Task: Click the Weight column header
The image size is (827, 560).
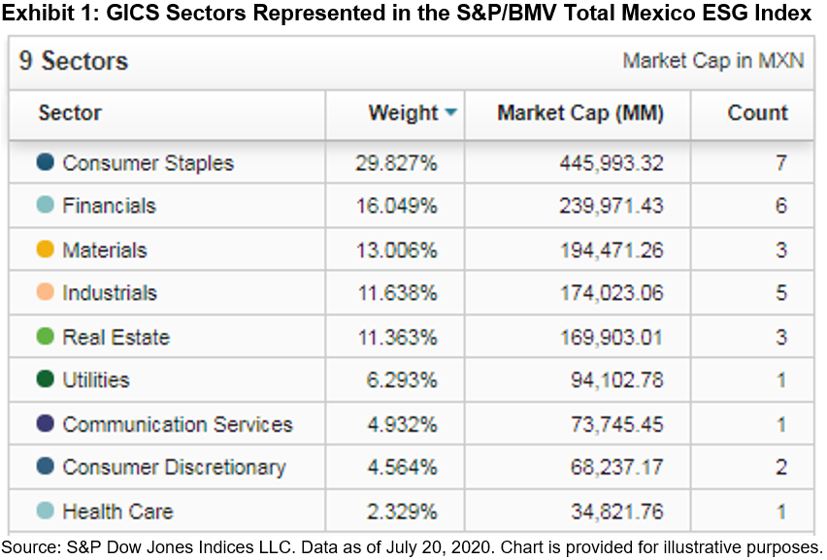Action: coord(402,114)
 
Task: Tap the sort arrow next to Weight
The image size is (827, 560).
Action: coord(450,114)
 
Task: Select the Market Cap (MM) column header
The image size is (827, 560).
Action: coord(579,114)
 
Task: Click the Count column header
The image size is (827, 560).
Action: coord(757,114)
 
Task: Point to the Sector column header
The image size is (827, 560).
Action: coord(70,114)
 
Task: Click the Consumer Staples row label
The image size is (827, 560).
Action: coord(148,163)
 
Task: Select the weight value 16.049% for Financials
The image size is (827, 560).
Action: coord(396,206)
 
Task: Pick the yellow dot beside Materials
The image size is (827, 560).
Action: coord(45,250)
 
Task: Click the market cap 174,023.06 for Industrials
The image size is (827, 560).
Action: coord(611,293)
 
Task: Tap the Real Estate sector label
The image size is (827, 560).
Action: coord(116,338)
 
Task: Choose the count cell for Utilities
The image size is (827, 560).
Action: coord(780,380)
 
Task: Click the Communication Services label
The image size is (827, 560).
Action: coord(177,425)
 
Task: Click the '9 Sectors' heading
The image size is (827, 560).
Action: coord(74,62)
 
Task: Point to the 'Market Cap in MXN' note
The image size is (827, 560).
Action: coord(712,61)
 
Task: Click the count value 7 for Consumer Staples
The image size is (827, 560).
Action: coord(780,163)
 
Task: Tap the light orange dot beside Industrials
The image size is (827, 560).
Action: coord(45,293)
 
